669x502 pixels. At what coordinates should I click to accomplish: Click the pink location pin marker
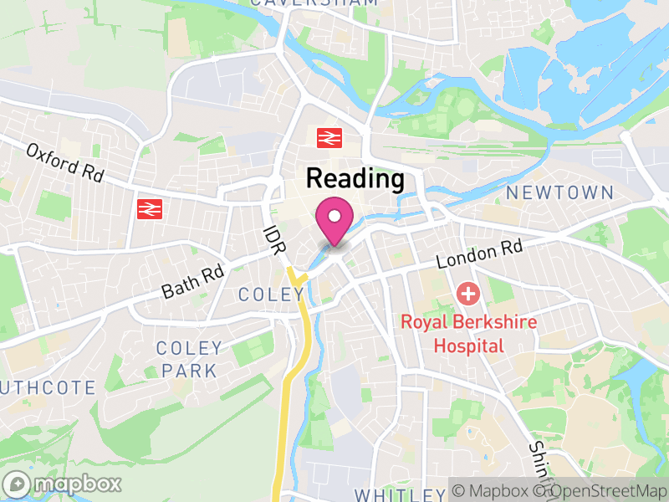(334, 220)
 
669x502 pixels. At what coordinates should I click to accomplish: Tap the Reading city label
(355, 178)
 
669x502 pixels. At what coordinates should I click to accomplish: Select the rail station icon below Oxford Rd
(149, 208)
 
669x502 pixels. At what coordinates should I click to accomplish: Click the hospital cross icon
(467, 295)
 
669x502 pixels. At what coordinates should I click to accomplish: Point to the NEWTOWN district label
(559, 192)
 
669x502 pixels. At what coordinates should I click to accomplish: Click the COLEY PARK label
(190, 359)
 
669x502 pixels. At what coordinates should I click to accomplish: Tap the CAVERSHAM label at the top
(314, 3)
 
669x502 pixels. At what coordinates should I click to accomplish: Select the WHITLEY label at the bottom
(399, 494)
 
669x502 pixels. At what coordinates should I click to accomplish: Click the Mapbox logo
(63, 484)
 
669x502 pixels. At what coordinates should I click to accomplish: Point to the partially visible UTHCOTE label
(48, 387)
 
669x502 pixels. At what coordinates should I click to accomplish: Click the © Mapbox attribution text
(493, 491)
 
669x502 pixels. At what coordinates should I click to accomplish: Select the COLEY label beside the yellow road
(270, 295)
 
